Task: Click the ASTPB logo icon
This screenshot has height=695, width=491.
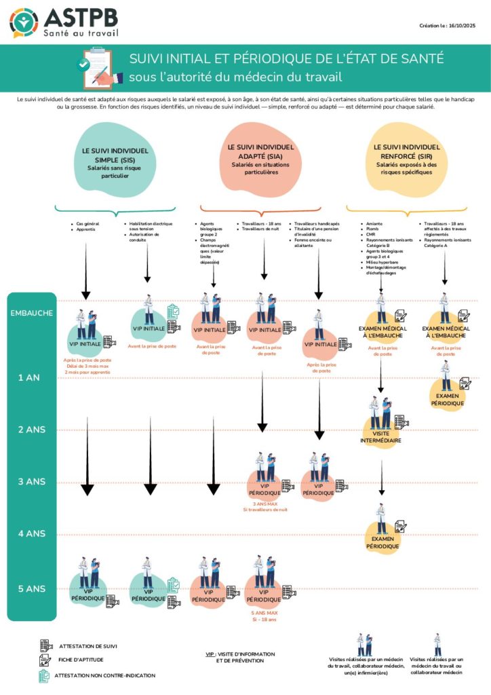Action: click(x=24, y=22)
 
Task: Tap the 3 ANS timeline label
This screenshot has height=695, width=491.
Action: click(x=31, y=481)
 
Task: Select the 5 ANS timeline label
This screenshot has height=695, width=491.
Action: click(x=31, y=588)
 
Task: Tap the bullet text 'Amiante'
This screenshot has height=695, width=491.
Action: click(x=374, y=223)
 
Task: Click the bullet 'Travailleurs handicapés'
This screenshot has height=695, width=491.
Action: click(x=317, y=223)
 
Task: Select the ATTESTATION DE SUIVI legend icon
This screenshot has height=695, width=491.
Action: click(x=45, y=645)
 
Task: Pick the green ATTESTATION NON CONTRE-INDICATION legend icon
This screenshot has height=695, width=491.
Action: click(x=45, y=675)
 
